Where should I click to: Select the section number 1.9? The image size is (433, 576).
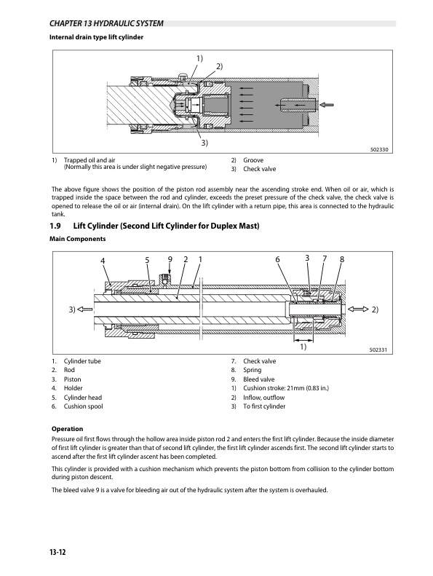click(x=60, y=225)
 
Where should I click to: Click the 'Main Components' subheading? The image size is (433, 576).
click(x=77, y=239)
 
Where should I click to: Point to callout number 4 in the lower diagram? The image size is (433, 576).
click(x=103, y=260)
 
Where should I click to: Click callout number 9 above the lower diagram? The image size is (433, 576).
click(x=170, y=259)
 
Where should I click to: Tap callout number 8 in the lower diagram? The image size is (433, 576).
click(x=341, y=259)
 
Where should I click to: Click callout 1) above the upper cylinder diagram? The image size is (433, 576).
click(x=199, y=58)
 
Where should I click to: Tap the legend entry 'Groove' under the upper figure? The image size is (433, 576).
click(x=253, y=159)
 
